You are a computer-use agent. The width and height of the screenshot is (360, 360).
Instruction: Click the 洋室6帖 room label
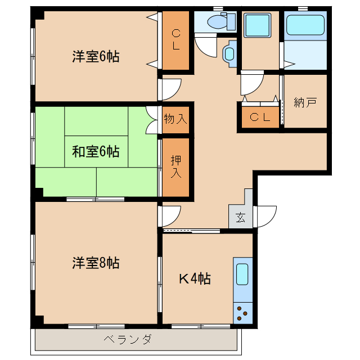pos(96,56)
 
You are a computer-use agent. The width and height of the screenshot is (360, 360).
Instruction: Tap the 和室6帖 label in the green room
pos(96,151)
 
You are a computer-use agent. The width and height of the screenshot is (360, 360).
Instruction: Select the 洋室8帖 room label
pos(96,262)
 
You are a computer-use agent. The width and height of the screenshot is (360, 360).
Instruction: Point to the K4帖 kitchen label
pos(195,278)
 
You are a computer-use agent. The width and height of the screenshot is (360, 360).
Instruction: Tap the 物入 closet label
pos(175,119)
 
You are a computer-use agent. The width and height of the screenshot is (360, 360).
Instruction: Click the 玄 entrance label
pos(240,218)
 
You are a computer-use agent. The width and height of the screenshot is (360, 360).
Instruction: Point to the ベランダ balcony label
pos(128,339)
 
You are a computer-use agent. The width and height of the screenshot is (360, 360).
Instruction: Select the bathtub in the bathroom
pos(305,25)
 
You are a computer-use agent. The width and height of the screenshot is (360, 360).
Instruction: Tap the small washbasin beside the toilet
pos(229,54)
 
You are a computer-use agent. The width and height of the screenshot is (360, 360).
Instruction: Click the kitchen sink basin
pos(242,274)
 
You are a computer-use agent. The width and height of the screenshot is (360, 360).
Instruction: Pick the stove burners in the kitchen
pos(242,313)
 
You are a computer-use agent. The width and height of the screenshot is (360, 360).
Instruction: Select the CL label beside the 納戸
pos(260,117)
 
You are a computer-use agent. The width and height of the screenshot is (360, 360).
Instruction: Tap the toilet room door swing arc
pos(205,45)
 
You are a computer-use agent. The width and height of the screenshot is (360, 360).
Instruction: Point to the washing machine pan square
pos(259,25)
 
